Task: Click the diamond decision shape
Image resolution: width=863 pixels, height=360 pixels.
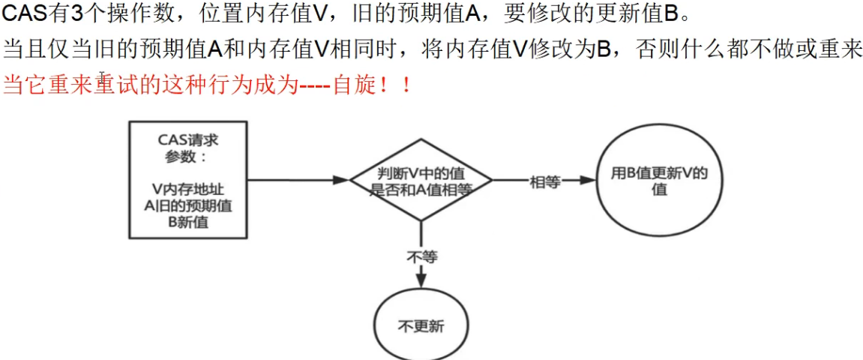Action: coord(421,181)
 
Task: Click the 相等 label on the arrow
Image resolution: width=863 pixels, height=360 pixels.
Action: coord(545,181)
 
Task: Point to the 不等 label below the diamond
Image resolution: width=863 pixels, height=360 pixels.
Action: coord(421,256)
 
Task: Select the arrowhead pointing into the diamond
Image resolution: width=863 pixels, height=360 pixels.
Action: coord(341,180)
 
